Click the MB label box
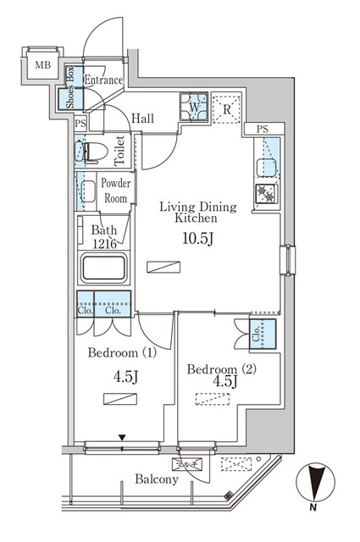[41, 64]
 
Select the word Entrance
[103, 80]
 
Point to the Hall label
[142, 119]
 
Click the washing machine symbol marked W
[193, 108]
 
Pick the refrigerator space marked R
[227, 108]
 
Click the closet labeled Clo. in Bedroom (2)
[263, 335]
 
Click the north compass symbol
[313, 486]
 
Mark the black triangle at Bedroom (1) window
[123, 438]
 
